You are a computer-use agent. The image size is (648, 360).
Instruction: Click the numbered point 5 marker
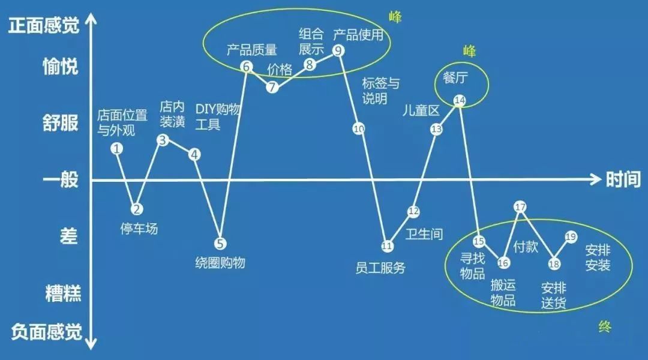click(x=220, y=244)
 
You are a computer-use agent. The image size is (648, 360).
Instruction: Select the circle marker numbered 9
click(x=338, y=50)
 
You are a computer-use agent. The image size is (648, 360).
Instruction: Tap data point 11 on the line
click(x=387, y=247)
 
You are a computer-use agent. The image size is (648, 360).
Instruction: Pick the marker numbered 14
click(x=460, y=100)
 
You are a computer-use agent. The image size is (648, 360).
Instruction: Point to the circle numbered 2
click(x=137, y=209)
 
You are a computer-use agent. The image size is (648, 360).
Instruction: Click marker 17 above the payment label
click(x=520, y=206)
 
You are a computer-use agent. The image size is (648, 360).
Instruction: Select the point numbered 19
click(x=571, y=237)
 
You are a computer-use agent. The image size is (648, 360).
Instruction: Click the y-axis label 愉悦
click(x=61, y=66)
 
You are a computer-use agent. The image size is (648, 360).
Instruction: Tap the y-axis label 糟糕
click(x=63, y=293)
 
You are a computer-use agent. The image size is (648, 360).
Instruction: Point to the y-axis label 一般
click(x=61, y=180)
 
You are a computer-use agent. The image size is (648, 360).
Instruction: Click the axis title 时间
click(x=623, y=180)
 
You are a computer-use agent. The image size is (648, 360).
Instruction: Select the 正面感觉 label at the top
click(x=44, y=26)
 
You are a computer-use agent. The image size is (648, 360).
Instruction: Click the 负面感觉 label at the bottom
click(x=46, y=332)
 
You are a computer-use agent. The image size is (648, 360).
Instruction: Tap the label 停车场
click(x=139, y=229)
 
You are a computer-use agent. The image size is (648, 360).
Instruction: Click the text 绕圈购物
click(x=220, y=262)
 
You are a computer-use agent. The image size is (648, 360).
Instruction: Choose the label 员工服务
click(x=380, y=268)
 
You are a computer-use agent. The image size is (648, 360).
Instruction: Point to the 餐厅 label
click(x=455, y=77)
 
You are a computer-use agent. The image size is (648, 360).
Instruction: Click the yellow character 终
click(x=605, y=327)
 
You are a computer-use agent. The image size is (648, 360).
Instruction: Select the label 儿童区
click(x=421, y=110)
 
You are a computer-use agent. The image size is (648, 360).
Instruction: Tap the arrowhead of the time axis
click(x=596, y=179)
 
